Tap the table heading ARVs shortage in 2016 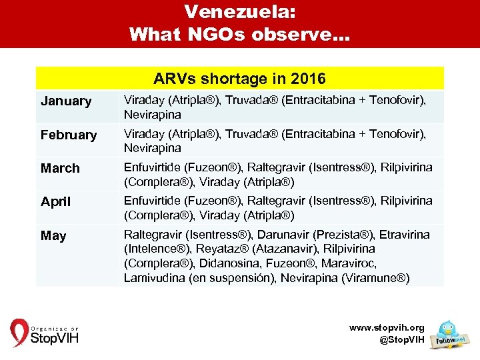click(239, 79)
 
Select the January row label click(66, 101)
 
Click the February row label click(69, 135)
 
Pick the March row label click(60, 169)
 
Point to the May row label click(53, 236)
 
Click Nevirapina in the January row click(153, 115)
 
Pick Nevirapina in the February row click(153, 148)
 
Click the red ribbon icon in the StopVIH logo click(19, 333)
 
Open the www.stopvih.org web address click(387, 328)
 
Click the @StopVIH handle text click(401, 340)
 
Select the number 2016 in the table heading click(308, 79)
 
